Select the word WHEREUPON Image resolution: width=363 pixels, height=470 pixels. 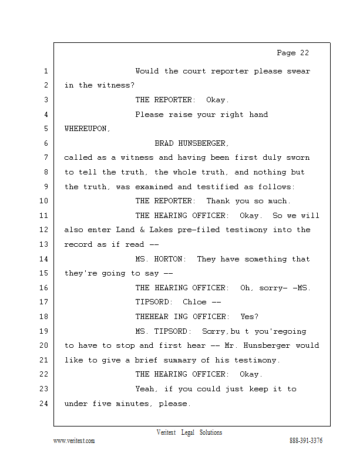87,129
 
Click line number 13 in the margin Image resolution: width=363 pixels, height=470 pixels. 45,244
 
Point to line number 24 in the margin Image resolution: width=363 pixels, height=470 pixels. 45,404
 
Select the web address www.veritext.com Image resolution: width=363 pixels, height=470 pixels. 74,441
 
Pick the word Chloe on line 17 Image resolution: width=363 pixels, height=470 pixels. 195,302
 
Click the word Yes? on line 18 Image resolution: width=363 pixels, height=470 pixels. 249,317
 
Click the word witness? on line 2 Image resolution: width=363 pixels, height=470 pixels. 116,86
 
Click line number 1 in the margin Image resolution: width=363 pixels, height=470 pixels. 45,72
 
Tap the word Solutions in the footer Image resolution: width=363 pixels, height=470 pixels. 210,432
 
